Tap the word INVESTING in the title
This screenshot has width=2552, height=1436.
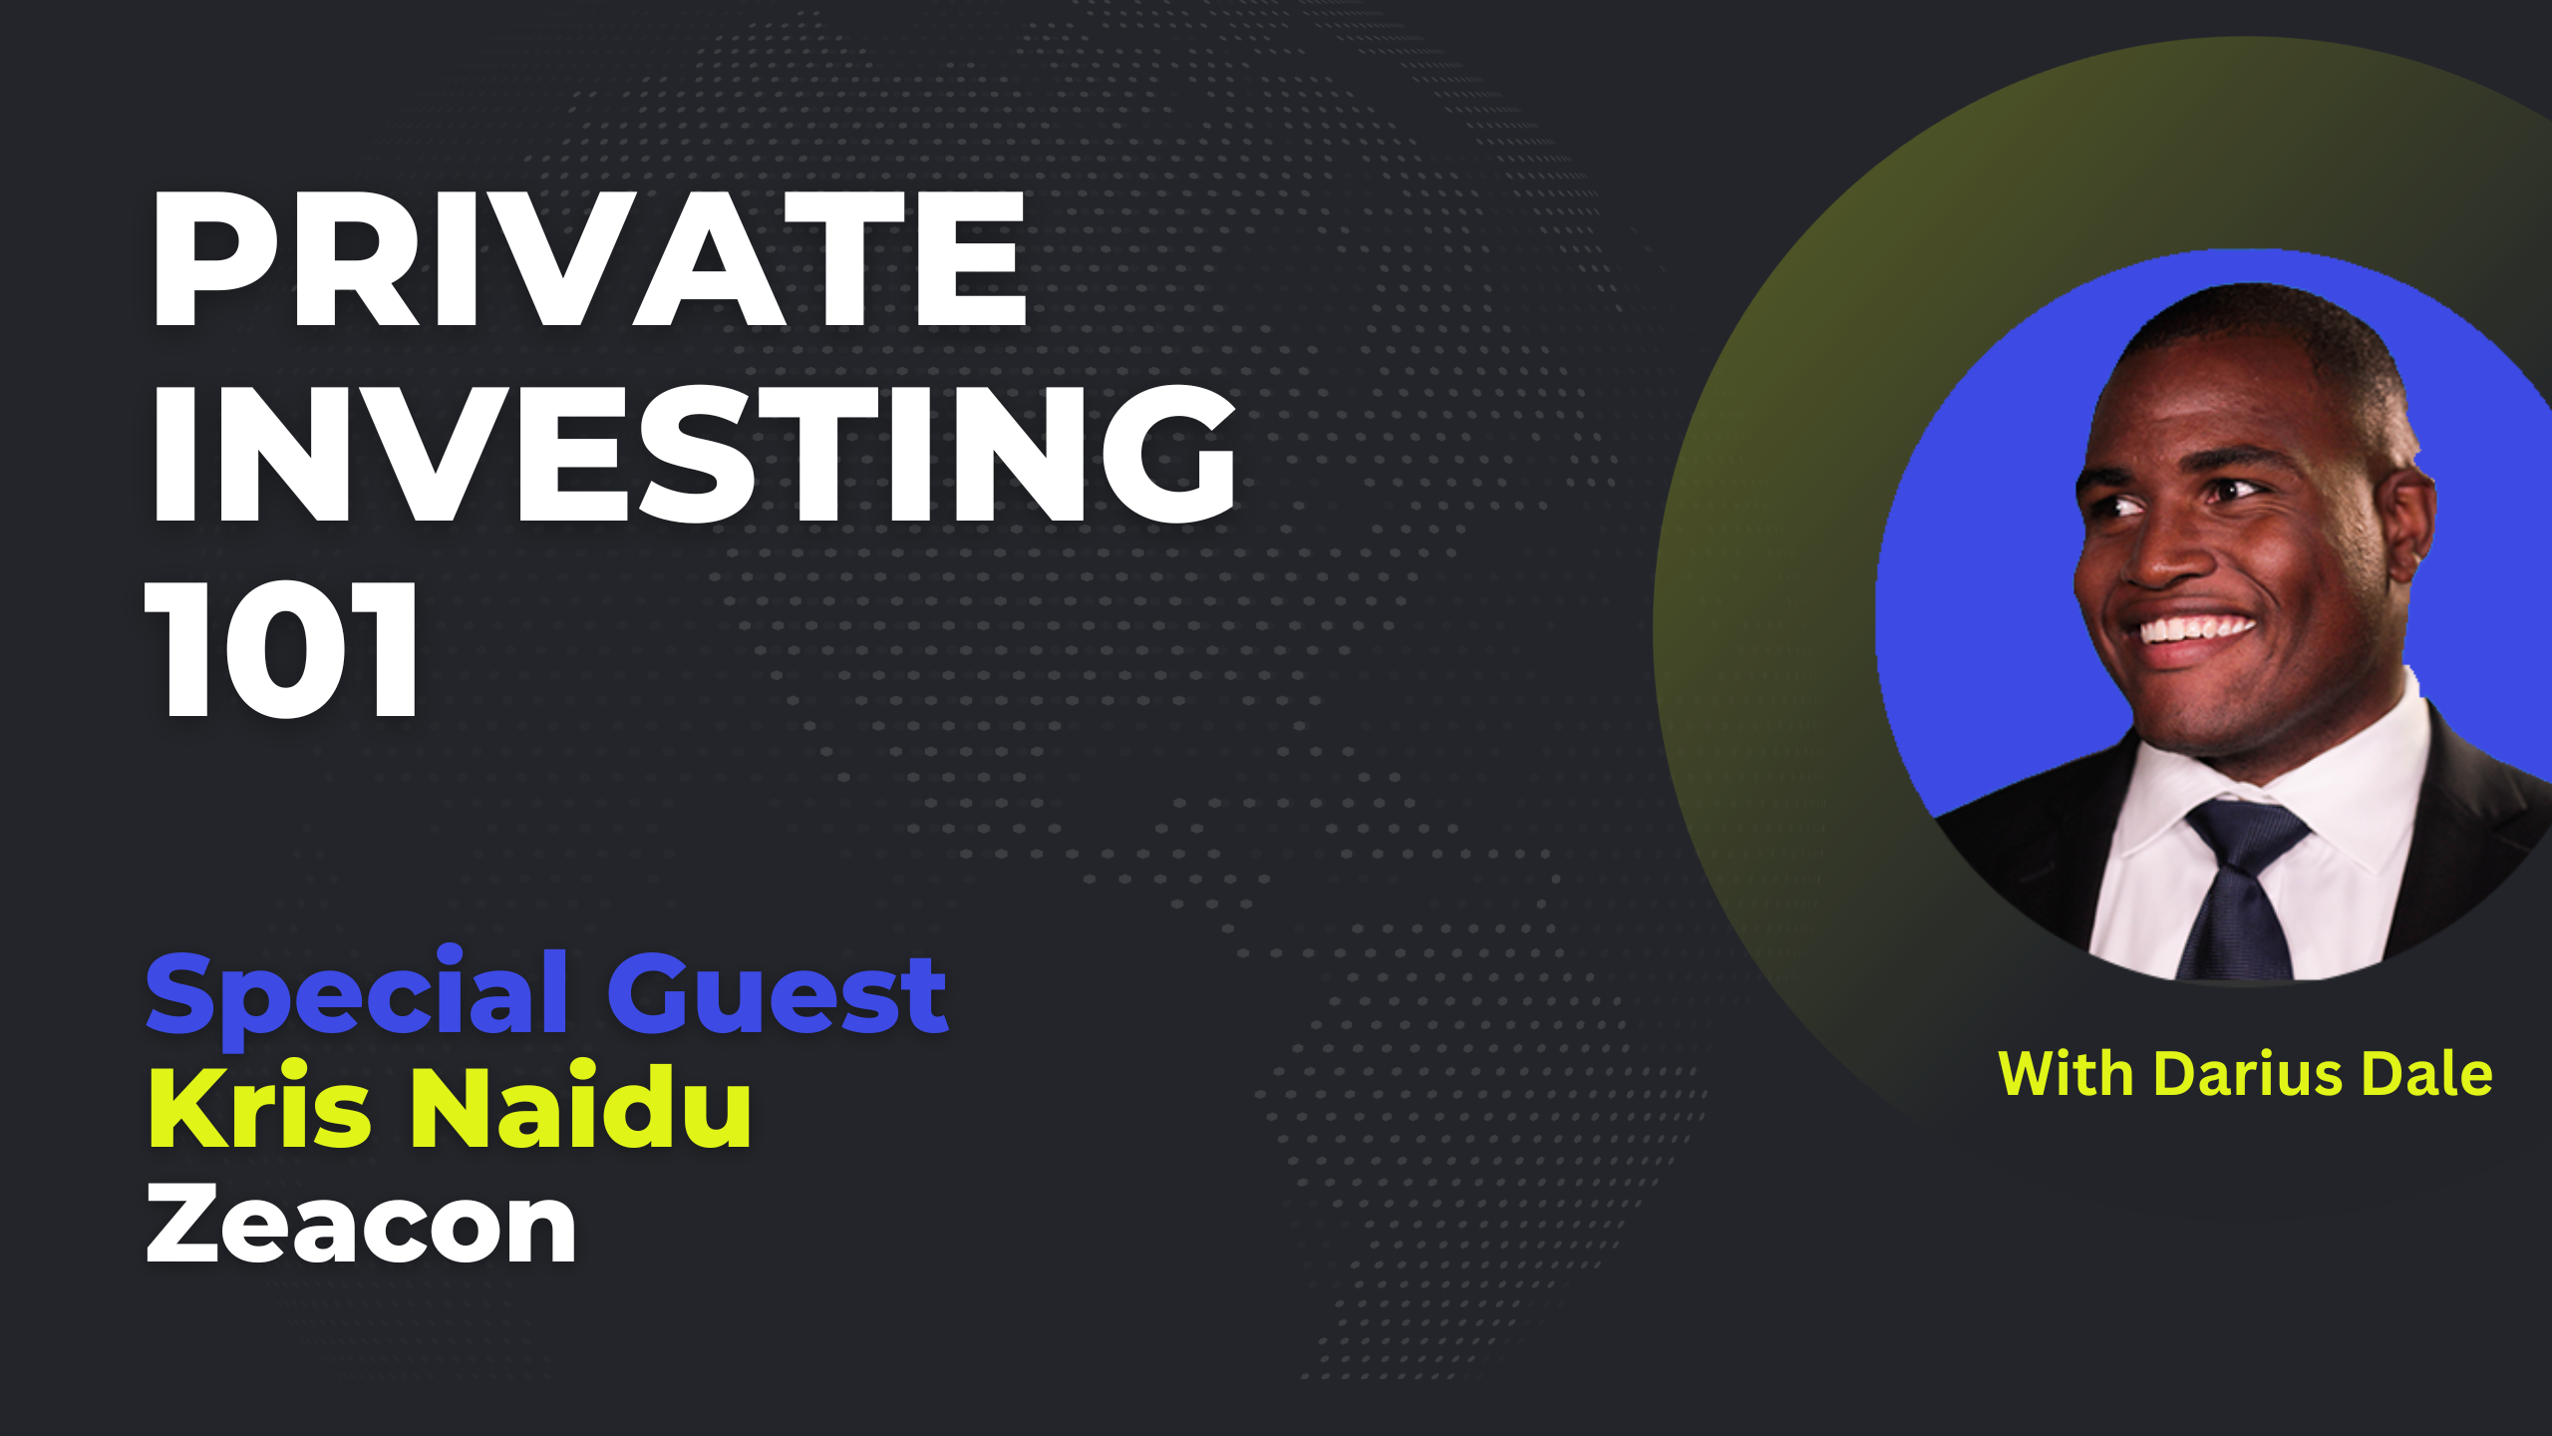(694, 454)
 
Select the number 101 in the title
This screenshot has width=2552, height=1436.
(282, 648)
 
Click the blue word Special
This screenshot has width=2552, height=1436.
(358, 995)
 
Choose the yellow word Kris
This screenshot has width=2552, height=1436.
(260, 1106)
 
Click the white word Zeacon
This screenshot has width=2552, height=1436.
(361, 1224)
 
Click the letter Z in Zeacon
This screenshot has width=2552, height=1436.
(182, 1224)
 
